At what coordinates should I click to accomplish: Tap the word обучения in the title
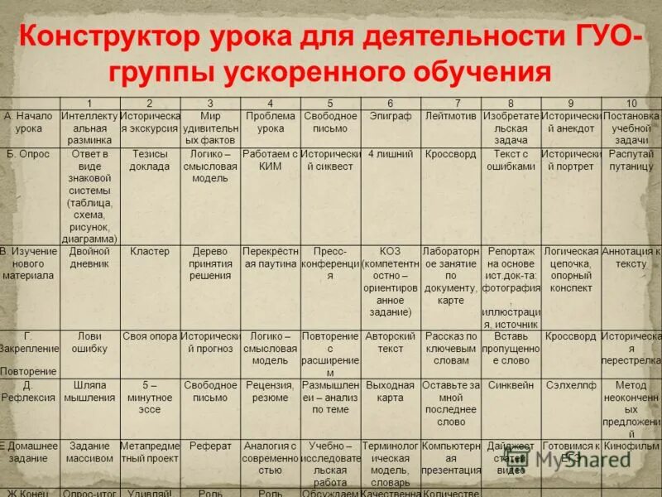[x=471, y=71]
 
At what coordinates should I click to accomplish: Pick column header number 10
[x=631, y=104]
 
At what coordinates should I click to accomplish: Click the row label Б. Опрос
[x=29, y=155]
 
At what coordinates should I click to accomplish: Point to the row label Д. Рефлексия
[x=29, y=392]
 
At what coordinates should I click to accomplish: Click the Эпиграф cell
[x=391, y=116]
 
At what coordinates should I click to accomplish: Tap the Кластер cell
[x=150, y=251]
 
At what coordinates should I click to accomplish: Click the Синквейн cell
[x=511, y=385]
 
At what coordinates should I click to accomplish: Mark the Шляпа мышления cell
[x=89, y=391]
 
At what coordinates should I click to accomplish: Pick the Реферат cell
[x=210, y=446]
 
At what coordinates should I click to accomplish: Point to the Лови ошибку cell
[x=89, y=343]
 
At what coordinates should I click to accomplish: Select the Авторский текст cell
[x=391, y=343]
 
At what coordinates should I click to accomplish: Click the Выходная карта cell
[x=391, y=391]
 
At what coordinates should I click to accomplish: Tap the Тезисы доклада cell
[x=150, y=160]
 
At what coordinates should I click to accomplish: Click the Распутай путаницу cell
[x=631, y=160]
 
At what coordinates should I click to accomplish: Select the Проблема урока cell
[x=271, y=122]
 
